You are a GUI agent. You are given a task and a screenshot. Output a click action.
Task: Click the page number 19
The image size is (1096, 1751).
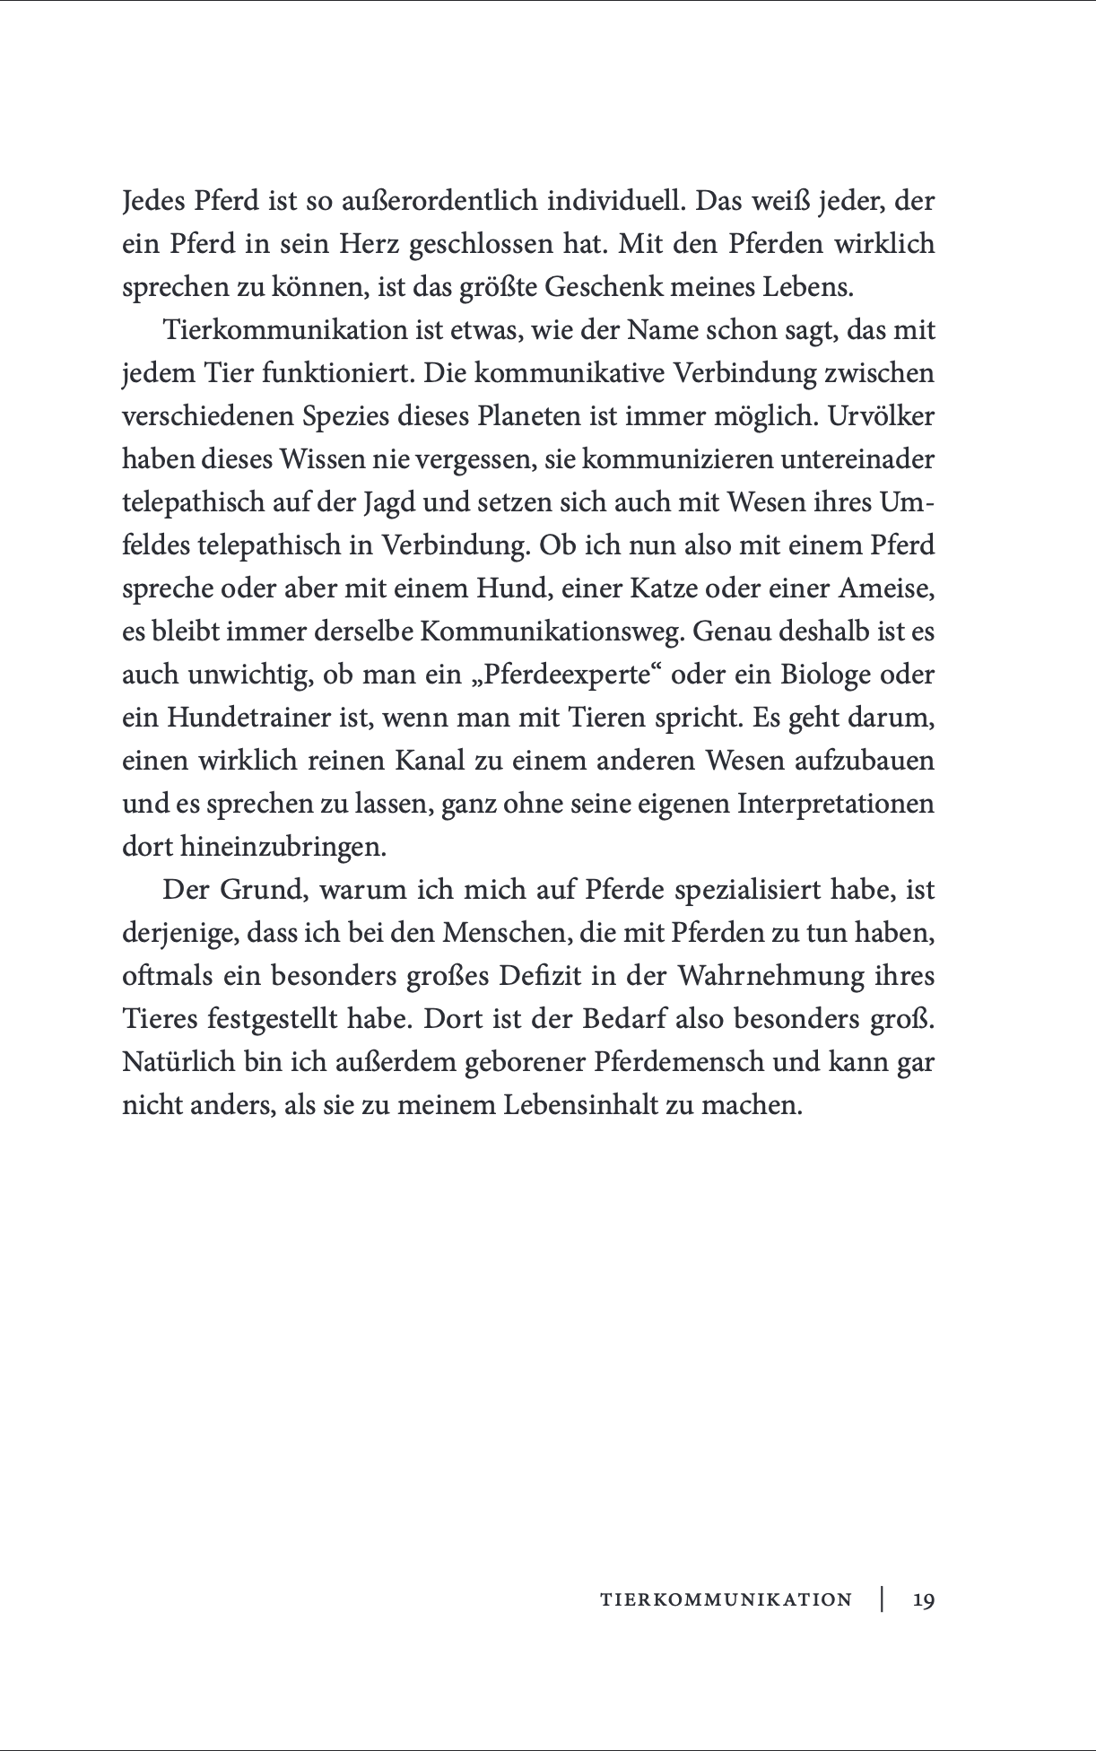tap(923, 1599)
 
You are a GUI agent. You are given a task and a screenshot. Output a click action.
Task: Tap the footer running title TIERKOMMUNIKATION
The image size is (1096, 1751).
tap(726, 1599)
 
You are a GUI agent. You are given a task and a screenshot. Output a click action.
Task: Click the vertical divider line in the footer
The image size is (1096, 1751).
tap(883, 1599)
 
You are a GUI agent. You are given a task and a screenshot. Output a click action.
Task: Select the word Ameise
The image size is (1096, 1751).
tap(884, 588)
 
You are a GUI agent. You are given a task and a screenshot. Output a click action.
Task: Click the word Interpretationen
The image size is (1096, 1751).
tap(835, 804)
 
